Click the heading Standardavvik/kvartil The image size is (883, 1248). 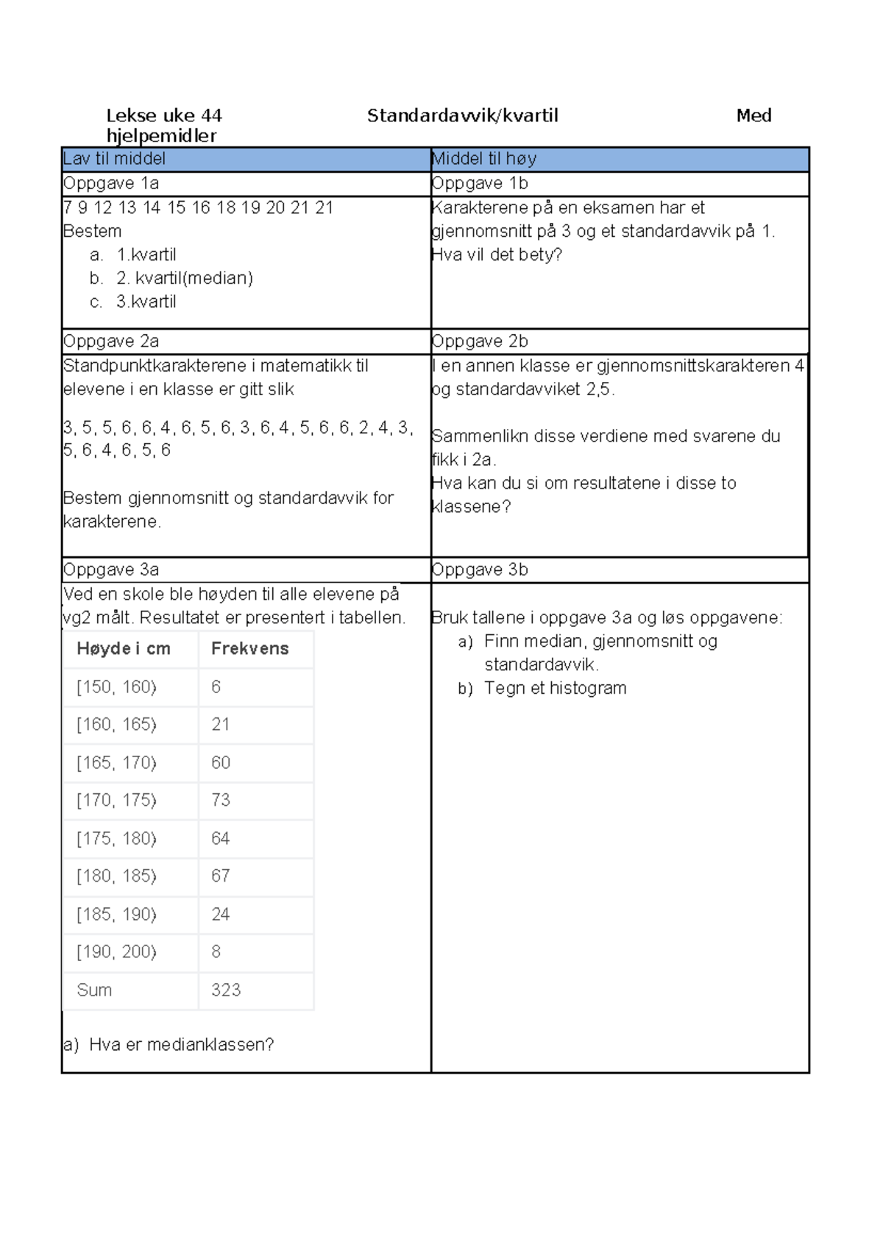462,116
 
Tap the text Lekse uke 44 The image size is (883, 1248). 163,116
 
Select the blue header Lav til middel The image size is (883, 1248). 114,158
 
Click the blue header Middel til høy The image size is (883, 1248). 483,158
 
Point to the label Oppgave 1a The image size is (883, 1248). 111,183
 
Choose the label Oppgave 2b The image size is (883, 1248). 480,341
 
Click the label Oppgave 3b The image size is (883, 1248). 480,570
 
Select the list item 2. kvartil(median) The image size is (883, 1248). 184,278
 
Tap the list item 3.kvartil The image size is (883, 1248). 146,302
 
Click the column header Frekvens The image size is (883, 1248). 249,648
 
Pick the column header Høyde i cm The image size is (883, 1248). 124,648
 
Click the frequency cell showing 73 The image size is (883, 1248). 221,800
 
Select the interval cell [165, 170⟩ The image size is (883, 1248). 116,762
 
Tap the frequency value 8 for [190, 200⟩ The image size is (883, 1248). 216,951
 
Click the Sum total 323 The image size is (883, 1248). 226,990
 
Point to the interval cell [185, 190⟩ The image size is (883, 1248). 116,914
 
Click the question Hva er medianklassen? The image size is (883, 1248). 181,1044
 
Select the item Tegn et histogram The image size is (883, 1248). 555,688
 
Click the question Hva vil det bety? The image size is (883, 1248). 497,255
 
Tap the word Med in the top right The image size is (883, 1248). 753,116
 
